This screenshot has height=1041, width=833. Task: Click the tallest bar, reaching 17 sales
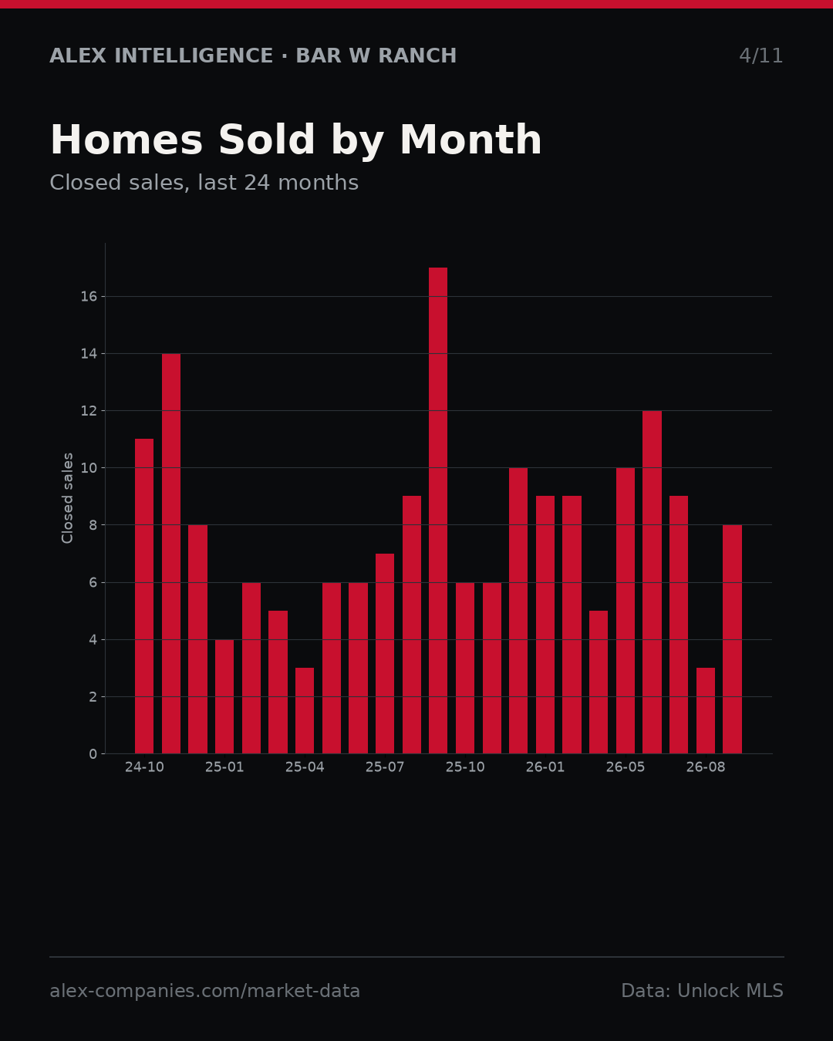point(438,510)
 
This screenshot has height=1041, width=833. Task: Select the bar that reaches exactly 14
point(171,554)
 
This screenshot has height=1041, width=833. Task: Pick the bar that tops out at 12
point(652,582)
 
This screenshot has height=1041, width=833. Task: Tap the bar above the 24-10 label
point(144,596)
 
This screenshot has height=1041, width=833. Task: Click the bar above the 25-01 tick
point(224,696)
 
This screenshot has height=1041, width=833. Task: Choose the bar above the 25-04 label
point(305,711)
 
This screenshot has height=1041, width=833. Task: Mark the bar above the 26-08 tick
point(706,711)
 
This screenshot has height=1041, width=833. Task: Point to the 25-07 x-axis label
point(385,767)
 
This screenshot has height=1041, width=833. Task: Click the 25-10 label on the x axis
point(465,767)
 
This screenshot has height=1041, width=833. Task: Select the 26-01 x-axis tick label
point(545,767)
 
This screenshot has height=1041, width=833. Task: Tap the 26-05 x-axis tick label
point(626,767)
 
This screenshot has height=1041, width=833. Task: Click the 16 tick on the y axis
point(89,297)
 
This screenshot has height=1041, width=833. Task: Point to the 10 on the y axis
point(89,468)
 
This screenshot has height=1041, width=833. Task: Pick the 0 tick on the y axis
point(93,753)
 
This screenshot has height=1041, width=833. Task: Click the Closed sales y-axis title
point(67,498)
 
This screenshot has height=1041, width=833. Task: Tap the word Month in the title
point(470,140)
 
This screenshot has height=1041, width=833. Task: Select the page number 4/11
point(760,56)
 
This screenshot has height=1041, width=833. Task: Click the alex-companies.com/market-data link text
point(204,991)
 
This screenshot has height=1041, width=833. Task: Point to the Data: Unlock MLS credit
point(702,991)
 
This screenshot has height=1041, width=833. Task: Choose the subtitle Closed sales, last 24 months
point(204,183)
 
